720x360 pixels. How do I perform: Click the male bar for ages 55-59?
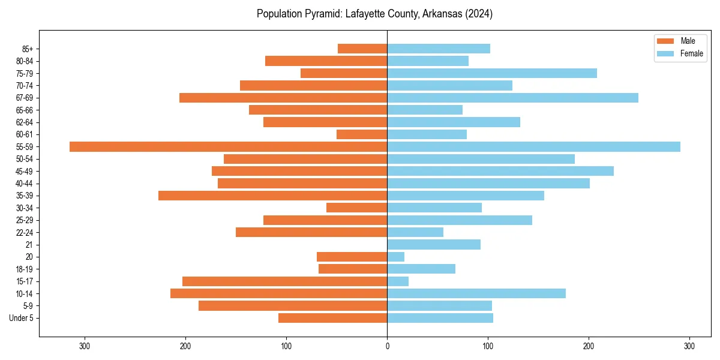(x=228, y=146)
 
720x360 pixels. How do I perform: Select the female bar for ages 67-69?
(x=512, y=98)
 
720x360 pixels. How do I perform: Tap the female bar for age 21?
(x=434, y=244)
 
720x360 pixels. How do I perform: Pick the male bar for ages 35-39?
(x=272, y=196)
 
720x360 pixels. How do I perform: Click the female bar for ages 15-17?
(x=398, y=281)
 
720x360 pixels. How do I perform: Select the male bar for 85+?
(x=362, y=49)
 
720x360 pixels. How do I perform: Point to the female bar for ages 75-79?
(x=492, y=73)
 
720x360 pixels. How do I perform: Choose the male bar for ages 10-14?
(x=278, y=293)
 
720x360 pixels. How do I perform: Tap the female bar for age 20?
(x=396, y=257)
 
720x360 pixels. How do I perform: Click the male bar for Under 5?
(x=332, y=318)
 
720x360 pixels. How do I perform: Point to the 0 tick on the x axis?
(x=387, y=346)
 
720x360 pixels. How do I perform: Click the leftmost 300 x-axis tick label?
(x=85, y=346)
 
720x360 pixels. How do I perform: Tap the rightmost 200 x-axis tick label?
(x=589, y=346)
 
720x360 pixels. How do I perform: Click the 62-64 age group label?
(x=25, y=122)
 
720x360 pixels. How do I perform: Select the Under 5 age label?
(x=21, y=318)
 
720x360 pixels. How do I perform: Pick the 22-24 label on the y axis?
(x=25, y=232)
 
